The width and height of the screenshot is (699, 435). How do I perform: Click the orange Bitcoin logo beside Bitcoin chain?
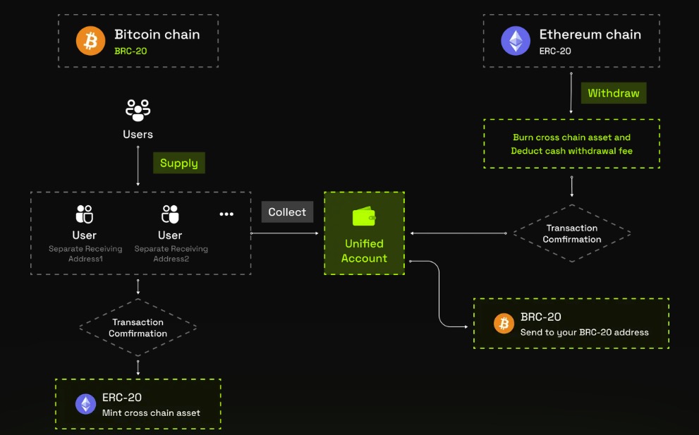pyautogui.click(x=90, y=41)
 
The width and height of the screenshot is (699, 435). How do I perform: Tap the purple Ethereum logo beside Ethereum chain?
pyautogui.click(x=516, y=41)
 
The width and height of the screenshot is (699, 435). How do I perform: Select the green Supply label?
pyautogui.click(x=178, y=163)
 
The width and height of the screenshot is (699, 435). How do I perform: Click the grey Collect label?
pyautogui.click(x=287, y=212)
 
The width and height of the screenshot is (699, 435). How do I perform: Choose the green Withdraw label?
pyautogui.click(x=613, y=93)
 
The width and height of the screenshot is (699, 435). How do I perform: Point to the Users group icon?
pyautogui.click(x=138, y=110)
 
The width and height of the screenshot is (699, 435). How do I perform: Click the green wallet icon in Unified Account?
pyautogui.click(x=364, y=216)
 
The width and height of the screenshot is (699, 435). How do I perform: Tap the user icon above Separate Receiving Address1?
pyautogui.click(x=85, y=214)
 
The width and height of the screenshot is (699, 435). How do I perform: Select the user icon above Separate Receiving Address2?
pyautogui.click(x=170, y=214)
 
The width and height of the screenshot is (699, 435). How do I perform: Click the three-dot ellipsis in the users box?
pyautogui.click(x=226, y=214)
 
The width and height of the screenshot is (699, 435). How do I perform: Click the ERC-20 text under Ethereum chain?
pyautogui.click(x=555, y=51)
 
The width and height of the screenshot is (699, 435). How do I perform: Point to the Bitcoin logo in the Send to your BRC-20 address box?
pyautogui.click(x=504, y=324)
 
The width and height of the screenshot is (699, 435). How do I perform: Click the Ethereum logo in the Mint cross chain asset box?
pyautogui.click(x=86, y=404)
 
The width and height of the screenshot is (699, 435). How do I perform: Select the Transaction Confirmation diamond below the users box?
pyautogui.click(x=138, y=328)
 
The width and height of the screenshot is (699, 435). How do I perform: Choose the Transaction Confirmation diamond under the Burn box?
pyautogui.click(x=571, y=233)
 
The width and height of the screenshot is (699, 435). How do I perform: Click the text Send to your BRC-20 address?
pyautogui.click(x=584, y=332)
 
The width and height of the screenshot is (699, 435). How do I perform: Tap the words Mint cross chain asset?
pyautogui.click(x=151, y=412)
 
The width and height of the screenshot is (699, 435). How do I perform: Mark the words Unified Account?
pyautogui.click(x=364, y=251)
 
